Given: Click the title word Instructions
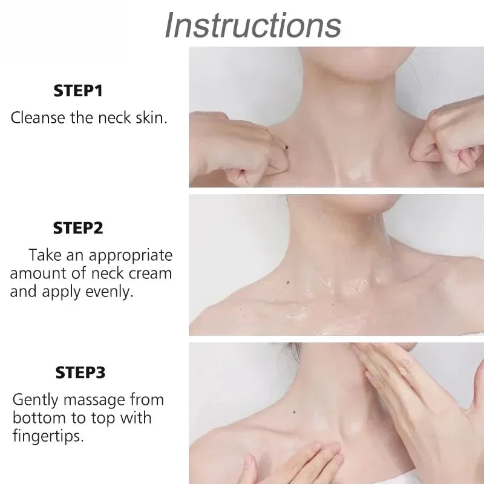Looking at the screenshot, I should (253, 25).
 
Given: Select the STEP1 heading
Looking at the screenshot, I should (78, 91).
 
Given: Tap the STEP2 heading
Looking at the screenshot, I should (78, 228).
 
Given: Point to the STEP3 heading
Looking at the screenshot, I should (80, 372).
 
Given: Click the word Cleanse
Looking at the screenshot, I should (36, 117).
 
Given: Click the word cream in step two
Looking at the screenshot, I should (151, 273).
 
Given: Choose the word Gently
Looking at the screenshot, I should (36, 400).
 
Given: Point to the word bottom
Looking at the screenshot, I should (36, 417).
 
